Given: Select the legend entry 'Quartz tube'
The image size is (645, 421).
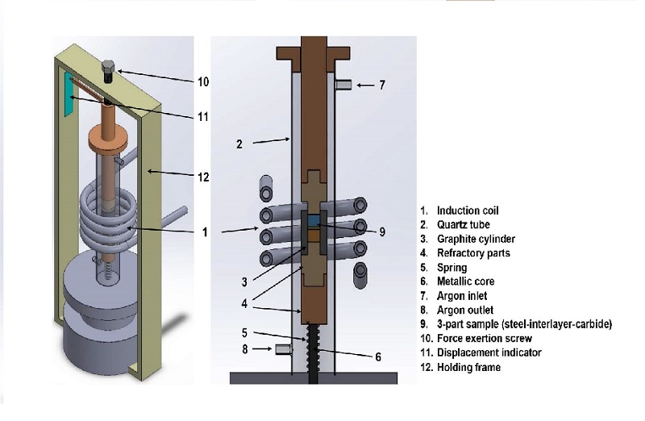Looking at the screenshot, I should point(463,225).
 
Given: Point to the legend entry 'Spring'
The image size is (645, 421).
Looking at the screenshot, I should point(451,268).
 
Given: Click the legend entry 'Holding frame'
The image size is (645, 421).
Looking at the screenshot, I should point(468,368).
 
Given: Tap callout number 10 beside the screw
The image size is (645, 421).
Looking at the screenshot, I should point(203,81).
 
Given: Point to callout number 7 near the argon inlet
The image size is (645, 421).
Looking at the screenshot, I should point(382,84).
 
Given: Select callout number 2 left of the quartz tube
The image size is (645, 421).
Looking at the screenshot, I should point(239,144).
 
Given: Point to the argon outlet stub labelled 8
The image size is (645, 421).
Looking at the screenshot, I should point(283,348).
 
